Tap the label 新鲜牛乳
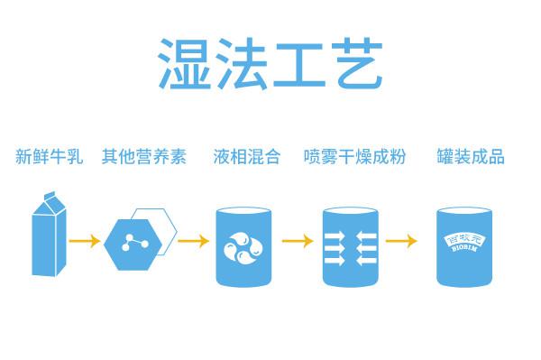pos(49,156)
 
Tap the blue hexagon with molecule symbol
pos(136,243)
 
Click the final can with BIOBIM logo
pos(467,245)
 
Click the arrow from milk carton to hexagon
pos(86,242)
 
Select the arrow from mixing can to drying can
pos(298,242)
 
